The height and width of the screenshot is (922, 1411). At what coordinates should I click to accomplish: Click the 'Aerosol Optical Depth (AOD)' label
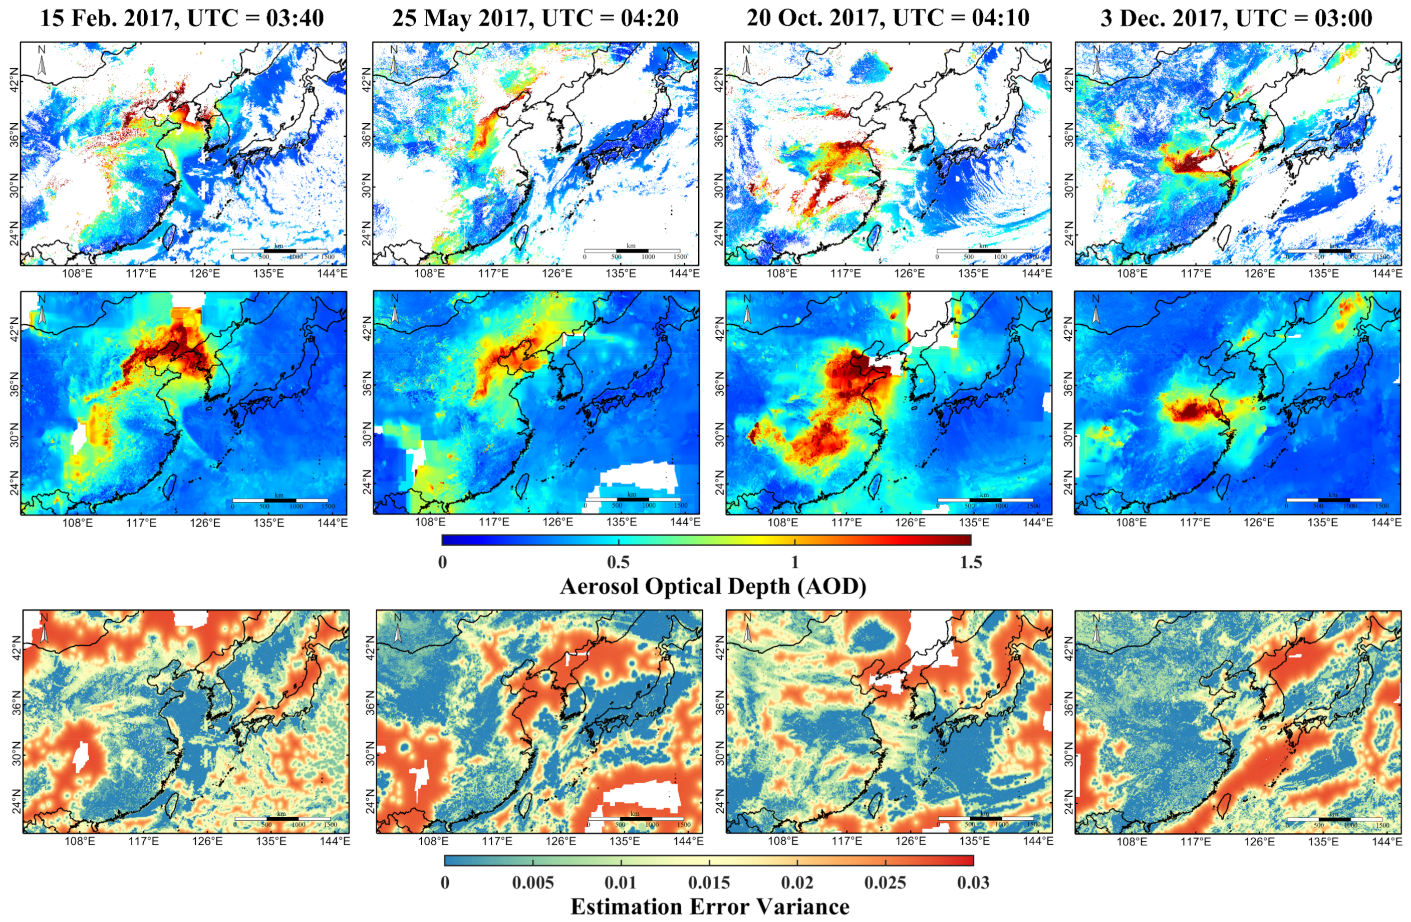(x=713, y=586)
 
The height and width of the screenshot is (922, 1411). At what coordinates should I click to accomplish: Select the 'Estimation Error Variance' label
(x=710, y=906)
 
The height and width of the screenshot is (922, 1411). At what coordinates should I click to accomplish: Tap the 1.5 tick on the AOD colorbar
(x=971, y=562)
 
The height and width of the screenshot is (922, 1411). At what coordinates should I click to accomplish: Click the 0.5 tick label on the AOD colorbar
(x=619, y=562)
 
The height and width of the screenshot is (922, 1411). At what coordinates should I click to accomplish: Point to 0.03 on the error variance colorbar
(x=973, y=882)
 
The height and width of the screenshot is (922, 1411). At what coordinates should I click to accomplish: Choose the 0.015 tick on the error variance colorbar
(x=709, y=882)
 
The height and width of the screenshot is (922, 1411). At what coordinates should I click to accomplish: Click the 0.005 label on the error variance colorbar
(x=533, y=882)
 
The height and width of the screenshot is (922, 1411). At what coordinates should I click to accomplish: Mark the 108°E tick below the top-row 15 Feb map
(x=77, y=273)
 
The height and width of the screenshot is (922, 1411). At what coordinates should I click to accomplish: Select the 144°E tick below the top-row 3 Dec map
(x=1386, y=273)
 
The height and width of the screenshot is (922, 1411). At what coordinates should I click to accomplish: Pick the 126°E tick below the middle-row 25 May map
(x=558, y=522)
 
